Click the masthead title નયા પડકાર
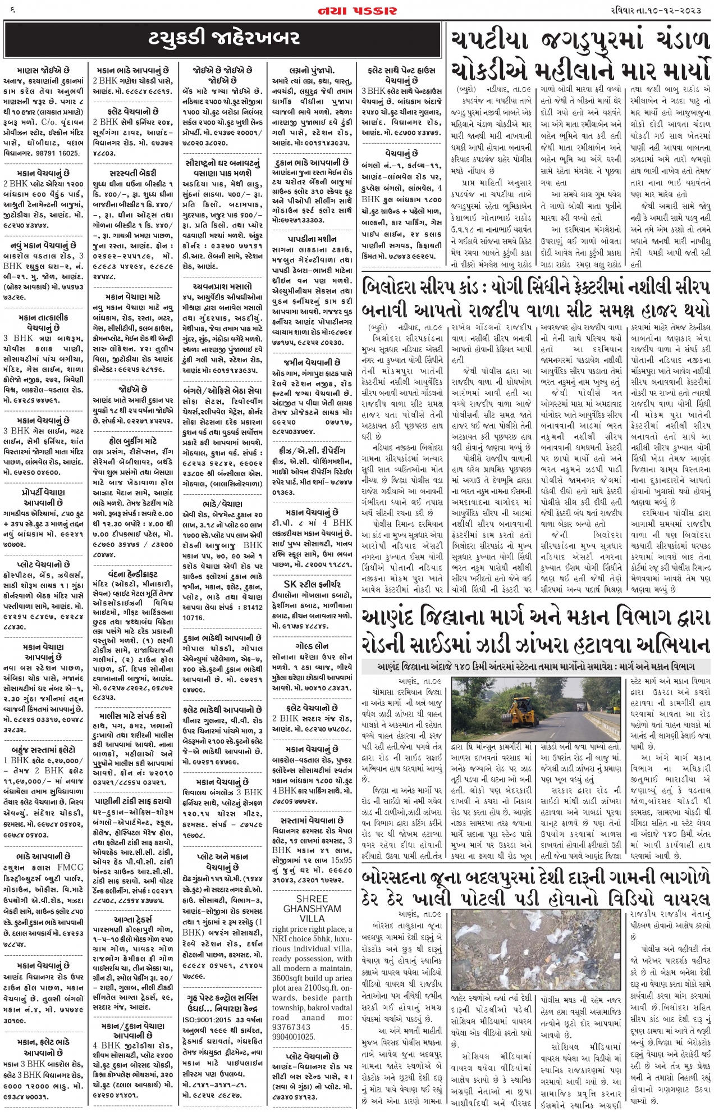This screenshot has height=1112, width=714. [357, 11]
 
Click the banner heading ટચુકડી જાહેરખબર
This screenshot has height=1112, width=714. [224, 38]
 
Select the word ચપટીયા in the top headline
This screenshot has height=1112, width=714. [488, 41]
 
